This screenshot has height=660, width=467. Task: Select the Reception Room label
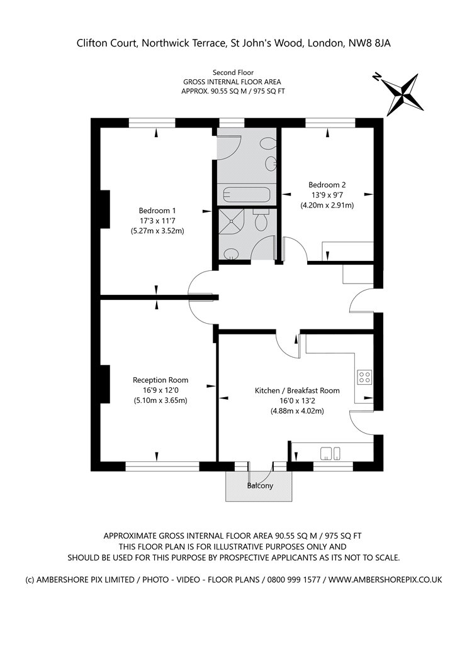tap(160, 380)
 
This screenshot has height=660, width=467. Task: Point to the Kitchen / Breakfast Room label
tap(297, 390)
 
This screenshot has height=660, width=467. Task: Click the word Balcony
tap(260, 486)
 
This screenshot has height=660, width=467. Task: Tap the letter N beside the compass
tap(377, 77)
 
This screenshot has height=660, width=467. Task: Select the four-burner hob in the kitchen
tap(364, 377)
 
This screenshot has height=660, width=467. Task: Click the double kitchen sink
tap(330, 453)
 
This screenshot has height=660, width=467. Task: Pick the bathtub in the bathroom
tap(247, 195)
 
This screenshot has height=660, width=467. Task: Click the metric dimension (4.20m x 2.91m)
tap(327, 206)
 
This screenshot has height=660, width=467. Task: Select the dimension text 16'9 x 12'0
tap(160, 390)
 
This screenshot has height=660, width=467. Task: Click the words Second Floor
tap(233, 72)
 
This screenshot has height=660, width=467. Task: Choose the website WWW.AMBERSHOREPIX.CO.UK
tap(385, 580)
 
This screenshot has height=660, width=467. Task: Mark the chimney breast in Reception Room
tap(105, 384)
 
